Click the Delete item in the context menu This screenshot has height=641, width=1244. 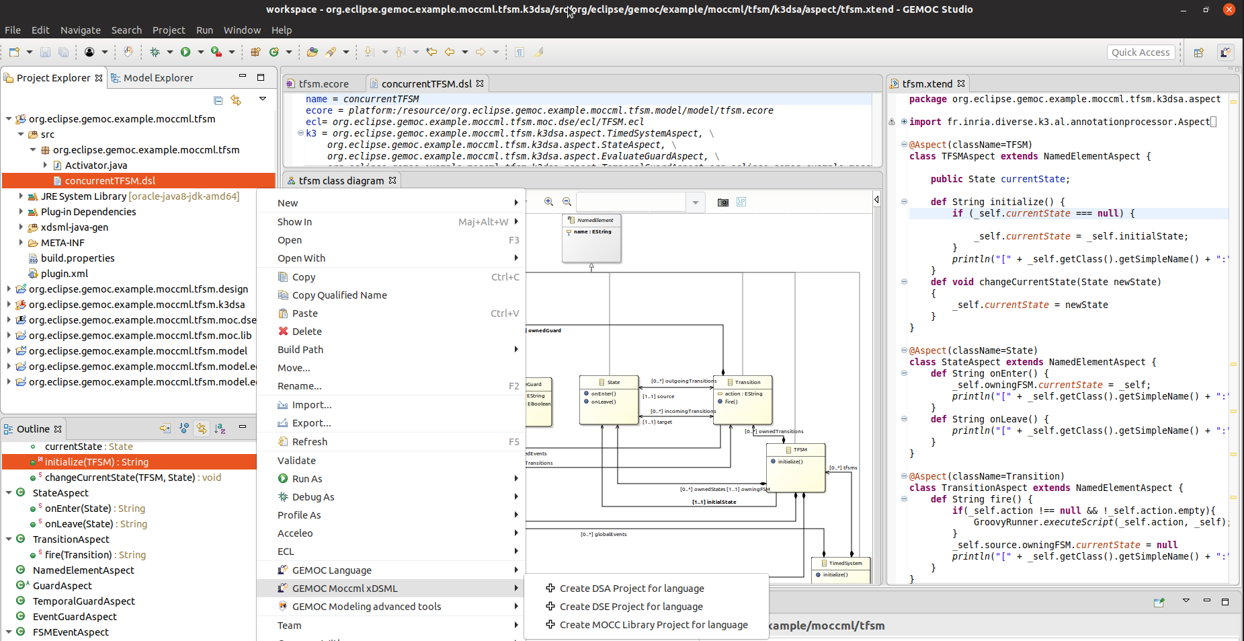306,332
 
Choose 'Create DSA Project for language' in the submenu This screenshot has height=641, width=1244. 631,589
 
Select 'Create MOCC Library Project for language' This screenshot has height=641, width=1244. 653,625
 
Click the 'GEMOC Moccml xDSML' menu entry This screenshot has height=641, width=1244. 345,589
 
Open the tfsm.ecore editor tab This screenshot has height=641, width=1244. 323,84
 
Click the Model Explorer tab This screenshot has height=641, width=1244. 158,78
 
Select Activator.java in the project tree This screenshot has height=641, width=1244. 95,165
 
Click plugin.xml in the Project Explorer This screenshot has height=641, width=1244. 64,274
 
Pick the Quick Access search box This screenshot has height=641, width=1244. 1140,52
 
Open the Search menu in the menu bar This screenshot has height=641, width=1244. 126,30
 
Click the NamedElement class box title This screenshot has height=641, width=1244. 595,221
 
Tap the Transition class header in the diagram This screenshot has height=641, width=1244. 747,382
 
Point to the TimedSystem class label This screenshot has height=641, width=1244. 845,563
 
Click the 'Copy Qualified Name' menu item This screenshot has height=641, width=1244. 339,295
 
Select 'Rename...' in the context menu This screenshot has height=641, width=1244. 299,386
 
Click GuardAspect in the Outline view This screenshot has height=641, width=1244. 62,586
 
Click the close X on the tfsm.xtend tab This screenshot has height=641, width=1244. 961,83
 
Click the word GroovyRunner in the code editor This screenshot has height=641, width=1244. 1005,523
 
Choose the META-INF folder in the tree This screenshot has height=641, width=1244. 63,243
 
